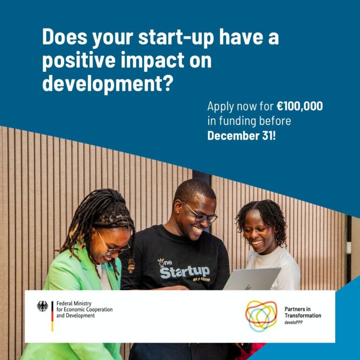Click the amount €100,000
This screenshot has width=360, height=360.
click(299, 106)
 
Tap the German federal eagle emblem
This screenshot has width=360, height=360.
click(43, 306)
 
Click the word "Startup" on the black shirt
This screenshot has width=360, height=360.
click(184, 270)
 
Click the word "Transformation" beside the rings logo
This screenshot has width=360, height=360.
click(303, 316)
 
